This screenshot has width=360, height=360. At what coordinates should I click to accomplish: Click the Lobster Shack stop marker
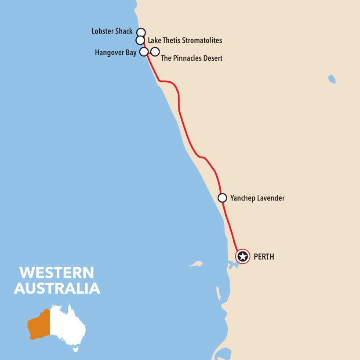[x=141, y=32]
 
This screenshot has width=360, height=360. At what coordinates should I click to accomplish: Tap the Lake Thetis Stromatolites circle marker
[x=140, y=40]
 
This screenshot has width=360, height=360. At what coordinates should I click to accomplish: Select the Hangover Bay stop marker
[x=144, y=52]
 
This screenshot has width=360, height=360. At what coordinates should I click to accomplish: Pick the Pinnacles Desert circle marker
[x=155, y=52]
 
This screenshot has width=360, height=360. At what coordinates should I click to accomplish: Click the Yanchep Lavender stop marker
[x=222, y=198]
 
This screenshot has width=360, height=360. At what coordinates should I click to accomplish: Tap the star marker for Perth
[x=242, y=256]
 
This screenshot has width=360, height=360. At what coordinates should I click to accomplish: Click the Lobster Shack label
[x=112, y=32]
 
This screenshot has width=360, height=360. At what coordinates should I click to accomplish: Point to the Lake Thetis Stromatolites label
[x=185, y=40]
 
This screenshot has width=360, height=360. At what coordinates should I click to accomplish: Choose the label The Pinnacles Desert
[x=192, y=58]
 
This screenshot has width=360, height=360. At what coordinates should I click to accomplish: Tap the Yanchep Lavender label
[x=257, y=198]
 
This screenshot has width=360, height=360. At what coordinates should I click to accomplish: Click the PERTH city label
[x=264, y=257]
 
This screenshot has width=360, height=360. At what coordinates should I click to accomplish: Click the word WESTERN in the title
[x=57, y=273]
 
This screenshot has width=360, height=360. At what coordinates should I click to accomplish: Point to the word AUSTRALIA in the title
[x=57, y=288]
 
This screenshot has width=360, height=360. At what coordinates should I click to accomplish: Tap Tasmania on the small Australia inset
[x=76, y=350]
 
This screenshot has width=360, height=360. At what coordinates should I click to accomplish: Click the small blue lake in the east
[x=332, y=79]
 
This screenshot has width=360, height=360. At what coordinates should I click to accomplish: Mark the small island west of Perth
[x=196, y=264]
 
